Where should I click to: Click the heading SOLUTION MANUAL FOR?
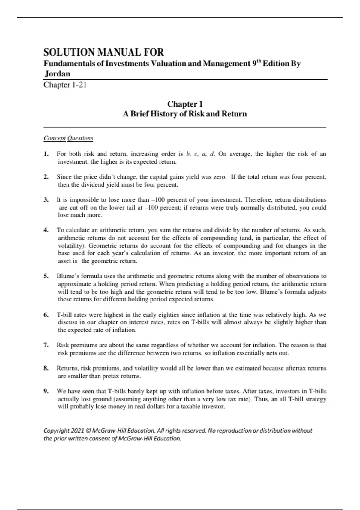tap(103, 52)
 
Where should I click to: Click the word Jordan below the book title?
tap(58, 74)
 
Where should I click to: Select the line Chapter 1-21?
tap(65, 85)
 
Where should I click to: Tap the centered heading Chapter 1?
tap(185, 104)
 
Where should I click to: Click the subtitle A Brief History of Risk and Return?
tap(185, 114)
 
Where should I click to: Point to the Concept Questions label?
tap(68, 138)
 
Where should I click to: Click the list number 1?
tap(46, 154)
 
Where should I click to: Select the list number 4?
tap(46, 230)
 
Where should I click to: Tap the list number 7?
tap(46, 345)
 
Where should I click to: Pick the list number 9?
tap(46, 391)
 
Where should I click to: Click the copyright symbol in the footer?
tap(88, 431)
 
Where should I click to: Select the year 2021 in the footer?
tap(77, 431)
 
